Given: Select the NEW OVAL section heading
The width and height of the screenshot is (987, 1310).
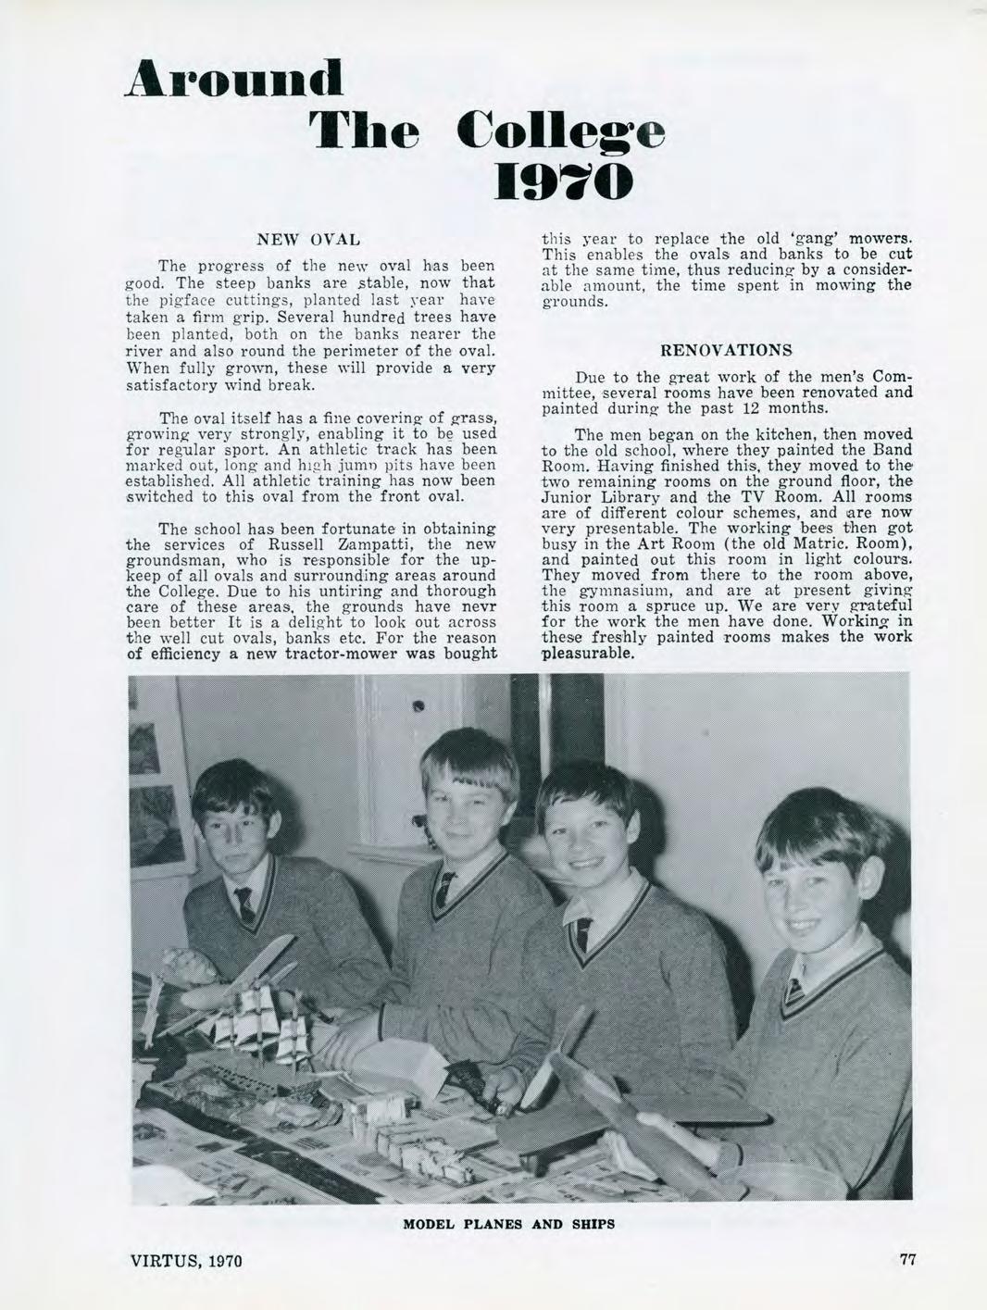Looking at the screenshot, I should coord(310,242).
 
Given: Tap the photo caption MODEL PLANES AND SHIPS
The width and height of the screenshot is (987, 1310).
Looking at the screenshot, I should coord(508,1224).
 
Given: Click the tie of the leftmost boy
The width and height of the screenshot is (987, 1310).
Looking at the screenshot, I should coord(244,905).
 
